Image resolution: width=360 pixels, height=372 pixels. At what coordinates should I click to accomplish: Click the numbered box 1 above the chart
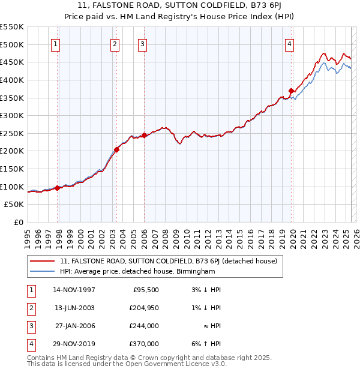point(55,43)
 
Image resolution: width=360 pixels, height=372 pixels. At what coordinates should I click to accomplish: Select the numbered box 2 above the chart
point(115,43)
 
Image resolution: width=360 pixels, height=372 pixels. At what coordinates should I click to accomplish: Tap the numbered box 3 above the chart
point(142,43)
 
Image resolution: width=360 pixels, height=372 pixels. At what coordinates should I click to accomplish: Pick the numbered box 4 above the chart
point(289,43)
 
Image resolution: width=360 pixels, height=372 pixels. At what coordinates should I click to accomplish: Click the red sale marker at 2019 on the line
point(291,91)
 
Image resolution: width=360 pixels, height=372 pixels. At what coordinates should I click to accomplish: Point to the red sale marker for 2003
point(117,149)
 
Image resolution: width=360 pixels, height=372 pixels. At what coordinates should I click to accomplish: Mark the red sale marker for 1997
point(58,188)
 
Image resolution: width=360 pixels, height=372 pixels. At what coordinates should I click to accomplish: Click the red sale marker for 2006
point(144,136)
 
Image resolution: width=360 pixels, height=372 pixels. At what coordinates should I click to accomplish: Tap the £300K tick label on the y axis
point(11,115)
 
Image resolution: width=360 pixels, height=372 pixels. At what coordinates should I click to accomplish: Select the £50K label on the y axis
point(14,205)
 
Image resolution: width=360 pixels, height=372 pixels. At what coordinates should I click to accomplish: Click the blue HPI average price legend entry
point(137,271)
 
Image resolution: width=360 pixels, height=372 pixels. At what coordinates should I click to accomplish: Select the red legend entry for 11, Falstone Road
point(168,261)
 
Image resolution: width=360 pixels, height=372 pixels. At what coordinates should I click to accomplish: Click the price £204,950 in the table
point(144,308)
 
